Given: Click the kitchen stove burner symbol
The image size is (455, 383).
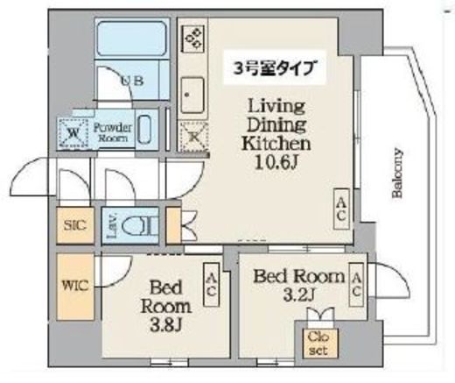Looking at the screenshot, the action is pos(192,39).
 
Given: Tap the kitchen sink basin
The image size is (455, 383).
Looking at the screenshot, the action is pos(192,96).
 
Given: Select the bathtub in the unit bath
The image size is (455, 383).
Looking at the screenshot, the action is pos(131,39).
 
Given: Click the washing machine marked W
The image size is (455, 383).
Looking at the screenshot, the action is pos(73,133).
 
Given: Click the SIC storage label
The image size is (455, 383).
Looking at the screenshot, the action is pos(75,225).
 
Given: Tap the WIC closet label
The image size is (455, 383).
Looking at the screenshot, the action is pos(75,286).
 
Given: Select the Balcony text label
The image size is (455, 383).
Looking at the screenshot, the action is pos(397,174).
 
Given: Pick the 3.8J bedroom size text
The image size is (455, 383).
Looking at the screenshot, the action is pos(166,325).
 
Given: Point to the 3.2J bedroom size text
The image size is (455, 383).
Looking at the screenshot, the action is pos(298,294).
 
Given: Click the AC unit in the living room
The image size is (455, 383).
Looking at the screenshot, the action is pos(341,209).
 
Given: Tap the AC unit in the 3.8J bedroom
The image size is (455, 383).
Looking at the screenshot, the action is pos(211,284).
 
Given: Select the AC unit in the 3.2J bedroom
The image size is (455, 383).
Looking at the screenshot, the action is pos(356,284).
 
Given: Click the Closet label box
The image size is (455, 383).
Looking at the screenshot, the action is pos(320,344).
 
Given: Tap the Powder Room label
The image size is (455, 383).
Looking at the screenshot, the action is pos(113,132).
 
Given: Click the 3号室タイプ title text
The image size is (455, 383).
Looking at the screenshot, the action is pos(275,68).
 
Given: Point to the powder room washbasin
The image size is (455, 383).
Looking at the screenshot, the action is pos(144,130).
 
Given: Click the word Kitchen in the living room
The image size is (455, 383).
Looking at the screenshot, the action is pos(276,144).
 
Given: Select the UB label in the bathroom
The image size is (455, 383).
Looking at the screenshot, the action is pos(132,80).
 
